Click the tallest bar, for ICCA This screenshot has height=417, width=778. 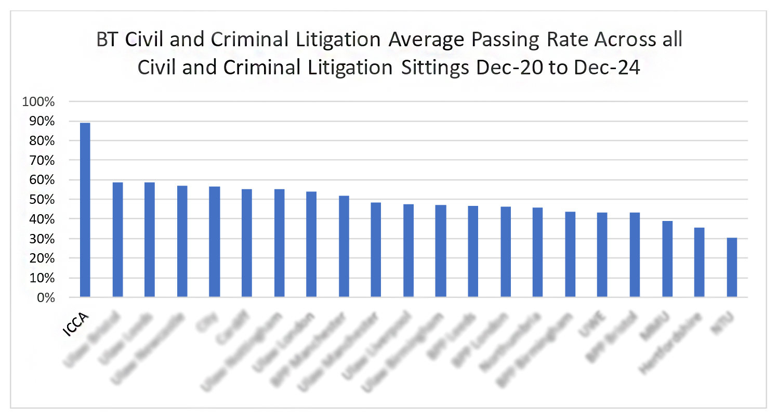point(85,210)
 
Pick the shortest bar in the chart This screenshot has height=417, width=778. point(732,267)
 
